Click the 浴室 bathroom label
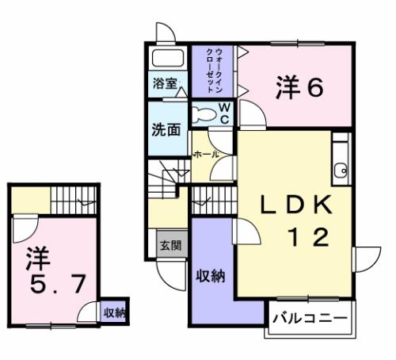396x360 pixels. pyautogui.click(x=165, y=83)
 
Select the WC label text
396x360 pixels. pyautogui.click(x=224, y=113)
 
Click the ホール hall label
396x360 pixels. pyautogui.click(x=205, y=155)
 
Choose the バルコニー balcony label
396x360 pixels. pyautogui.click(x=310, y=318)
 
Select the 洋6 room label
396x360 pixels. pyautogui.click(x=299, y=87)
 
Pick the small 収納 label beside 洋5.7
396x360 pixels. pyautogui.click(x=114, y=312)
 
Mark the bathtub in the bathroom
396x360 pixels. pyautogui.click(x=166, y=60)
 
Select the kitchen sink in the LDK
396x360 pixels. pyautogui.click(x=341, y=168)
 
